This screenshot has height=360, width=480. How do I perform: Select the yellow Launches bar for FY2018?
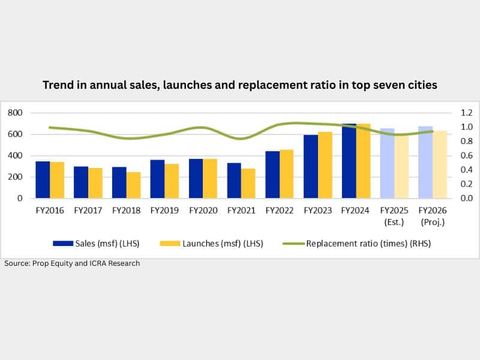[133, 185]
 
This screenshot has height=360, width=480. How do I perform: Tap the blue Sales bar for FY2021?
[234, 181]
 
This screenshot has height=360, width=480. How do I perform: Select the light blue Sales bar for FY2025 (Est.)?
[388, 163]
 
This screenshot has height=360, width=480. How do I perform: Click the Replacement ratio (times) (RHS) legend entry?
[359, 243]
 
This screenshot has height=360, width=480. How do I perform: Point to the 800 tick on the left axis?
[15, 113]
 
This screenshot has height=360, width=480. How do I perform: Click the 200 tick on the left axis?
[15, 177]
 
